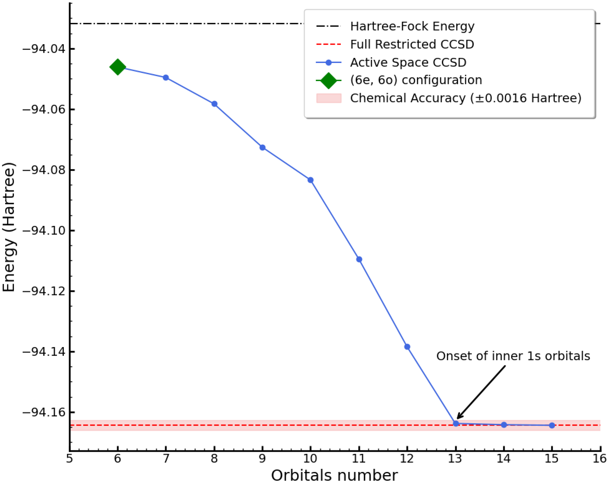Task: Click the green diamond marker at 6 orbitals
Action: pos(117,67)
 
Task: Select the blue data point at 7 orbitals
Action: pos(166,78)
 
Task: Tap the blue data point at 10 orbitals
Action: pos(311,180)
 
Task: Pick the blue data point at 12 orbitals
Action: pos(407,347)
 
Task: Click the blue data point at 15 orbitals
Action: pos(552,425)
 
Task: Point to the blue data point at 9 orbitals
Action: pos(262,147)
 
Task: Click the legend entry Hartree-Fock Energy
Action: pos(412,26)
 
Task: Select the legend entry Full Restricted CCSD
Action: pos(412,44)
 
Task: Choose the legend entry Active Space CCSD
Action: pos(408,62)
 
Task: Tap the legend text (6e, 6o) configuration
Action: pos(416,80)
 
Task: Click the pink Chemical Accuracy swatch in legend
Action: pos(329,98)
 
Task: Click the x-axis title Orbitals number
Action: pos(334,476)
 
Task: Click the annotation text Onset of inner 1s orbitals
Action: pos(513,356)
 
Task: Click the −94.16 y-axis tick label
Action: pos(44,412)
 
